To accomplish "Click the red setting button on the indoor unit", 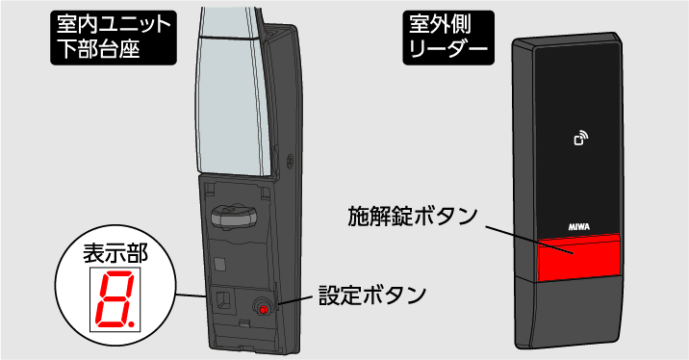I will click(261, 308).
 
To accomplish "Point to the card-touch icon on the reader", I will click(580, 141).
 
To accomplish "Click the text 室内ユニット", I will click(112, 23).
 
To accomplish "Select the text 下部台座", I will click(97, 48).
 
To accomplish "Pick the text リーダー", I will click(443, 48).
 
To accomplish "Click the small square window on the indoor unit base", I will click(221, 262).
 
